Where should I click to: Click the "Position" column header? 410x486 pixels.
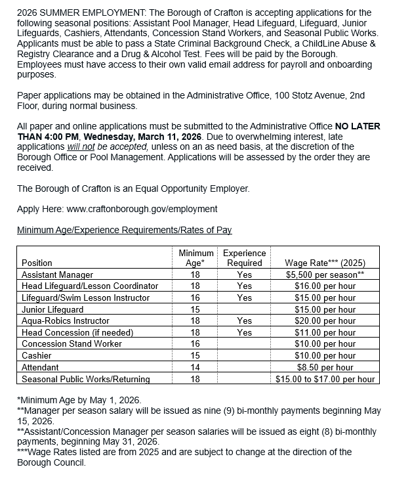click(x=37, y=263)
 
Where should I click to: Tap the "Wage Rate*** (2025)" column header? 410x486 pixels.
click(x=325, y=263)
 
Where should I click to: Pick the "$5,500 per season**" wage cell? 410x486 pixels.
click(x=325, y=275)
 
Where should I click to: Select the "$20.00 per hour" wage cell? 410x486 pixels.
click(x=325, y=321)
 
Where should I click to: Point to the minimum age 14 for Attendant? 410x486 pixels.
click(x=195, y=368)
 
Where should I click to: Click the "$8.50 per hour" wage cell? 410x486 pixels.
click(x=325, y=368)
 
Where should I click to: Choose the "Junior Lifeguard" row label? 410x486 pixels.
click(x=52, y=309)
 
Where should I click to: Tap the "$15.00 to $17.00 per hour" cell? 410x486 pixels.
click(x=325, y=380)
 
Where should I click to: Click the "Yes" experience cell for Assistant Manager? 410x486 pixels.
click(x=244, y=275)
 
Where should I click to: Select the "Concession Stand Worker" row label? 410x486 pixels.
click(x=72, y=344)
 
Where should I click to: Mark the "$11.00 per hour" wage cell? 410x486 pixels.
click(x=325, y=333)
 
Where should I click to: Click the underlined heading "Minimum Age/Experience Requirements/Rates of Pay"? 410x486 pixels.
click(x=124, y=230)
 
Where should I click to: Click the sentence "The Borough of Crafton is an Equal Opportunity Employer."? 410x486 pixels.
click(x=133, y=188)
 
